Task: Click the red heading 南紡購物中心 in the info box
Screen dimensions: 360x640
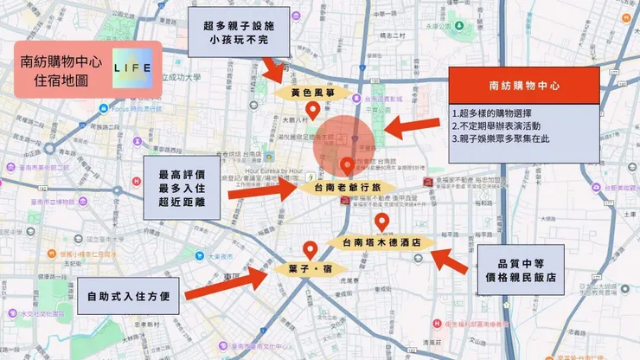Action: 524,87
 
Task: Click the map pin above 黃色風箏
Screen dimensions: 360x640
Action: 315,109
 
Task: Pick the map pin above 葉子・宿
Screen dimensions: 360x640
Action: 310,248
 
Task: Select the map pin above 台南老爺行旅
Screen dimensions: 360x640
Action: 348,164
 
